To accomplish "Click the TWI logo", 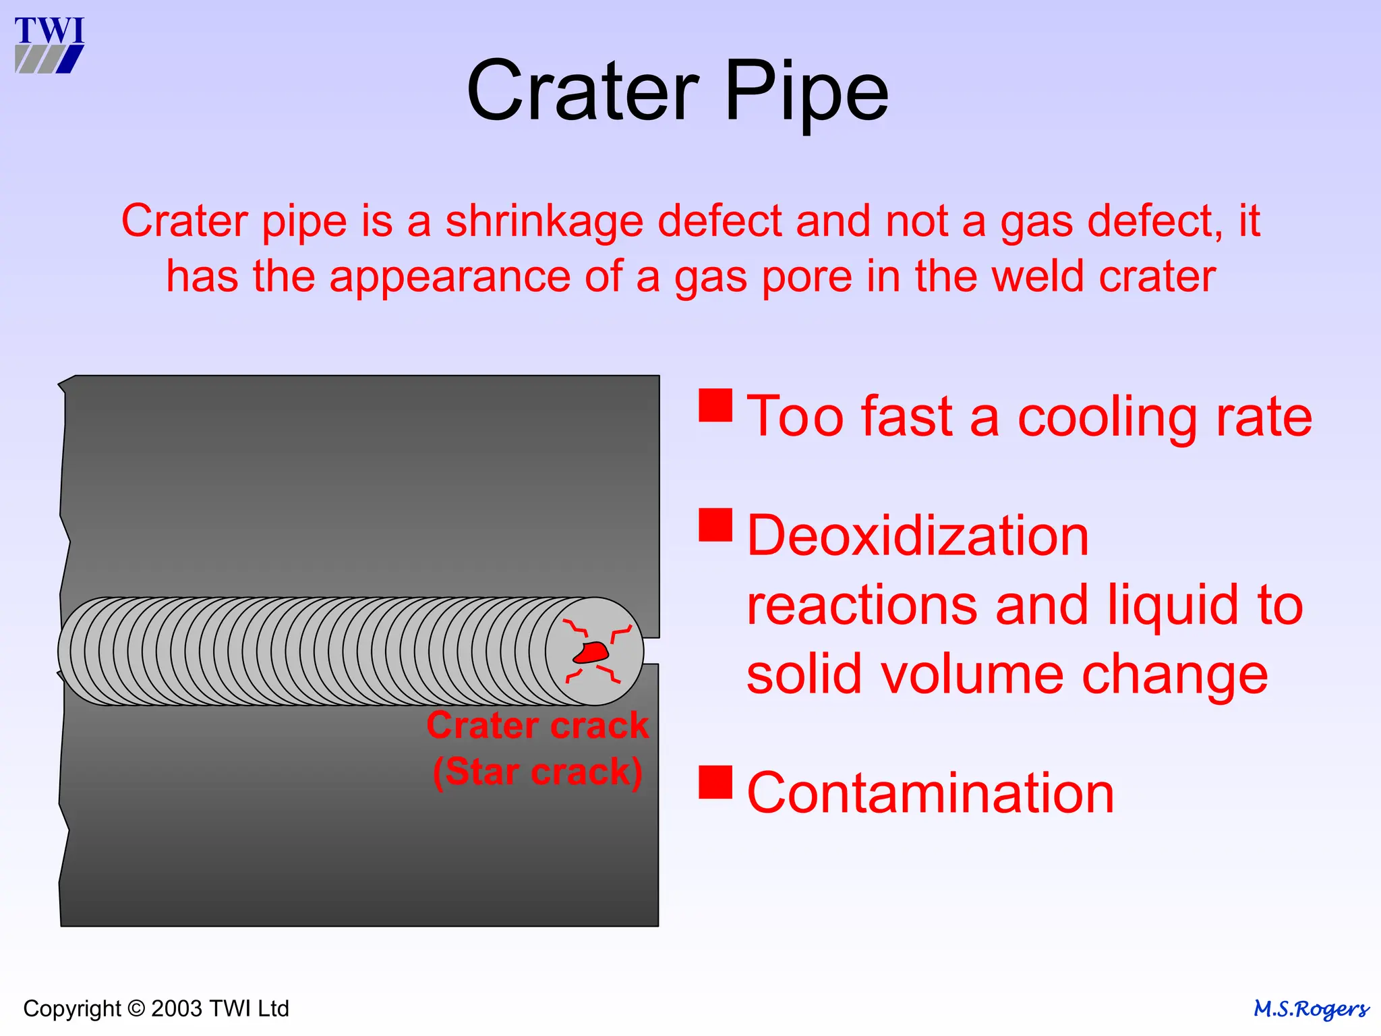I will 49,45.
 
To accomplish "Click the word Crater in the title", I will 583,91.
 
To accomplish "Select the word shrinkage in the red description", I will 544,221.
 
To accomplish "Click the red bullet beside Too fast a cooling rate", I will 715,405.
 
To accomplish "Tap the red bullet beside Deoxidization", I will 715,525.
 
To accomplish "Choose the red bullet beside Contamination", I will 715,782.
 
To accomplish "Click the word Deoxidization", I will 918,536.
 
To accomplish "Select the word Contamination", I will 930,793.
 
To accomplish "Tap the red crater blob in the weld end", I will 591,652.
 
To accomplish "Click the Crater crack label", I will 537,726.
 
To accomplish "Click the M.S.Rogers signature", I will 1310,1009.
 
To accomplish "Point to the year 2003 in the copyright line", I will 176,1009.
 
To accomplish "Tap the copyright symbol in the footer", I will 136,1009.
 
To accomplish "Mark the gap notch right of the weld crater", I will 651,651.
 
